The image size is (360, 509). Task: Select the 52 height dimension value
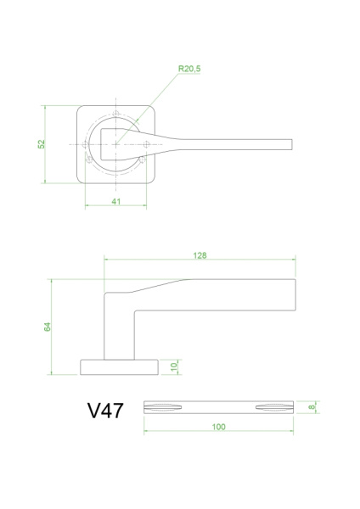tap(40, 144)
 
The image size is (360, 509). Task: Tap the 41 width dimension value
tap(116, 201)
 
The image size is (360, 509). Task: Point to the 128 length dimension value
tap(200, 255)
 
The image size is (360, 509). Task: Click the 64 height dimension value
tap(47, 326)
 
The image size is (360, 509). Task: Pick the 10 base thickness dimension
tap(173, 366)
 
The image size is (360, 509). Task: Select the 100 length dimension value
tap(218, 427)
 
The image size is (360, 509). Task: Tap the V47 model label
tap(105, 411)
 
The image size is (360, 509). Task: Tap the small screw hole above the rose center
tap(116, 115)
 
